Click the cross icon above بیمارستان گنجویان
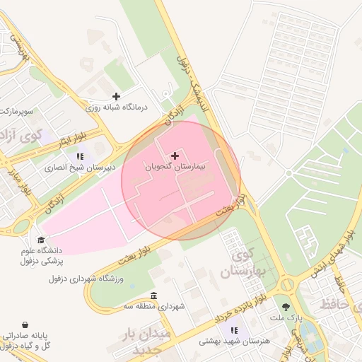click(x=175, y=155)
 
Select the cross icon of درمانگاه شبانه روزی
click(x=116, y=96)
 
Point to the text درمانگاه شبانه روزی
click(x=115, y=108)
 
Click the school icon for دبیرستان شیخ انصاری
click(x=79, y=156)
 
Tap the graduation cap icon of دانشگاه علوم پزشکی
click(x=42, y=240)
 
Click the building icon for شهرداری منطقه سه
click(x=154, y=296)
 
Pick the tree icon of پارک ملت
click(x=286, y=307)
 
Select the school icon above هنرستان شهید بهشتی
click(x=234, y=329)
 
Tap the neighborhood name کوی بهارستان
click(x=246, y=263)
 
